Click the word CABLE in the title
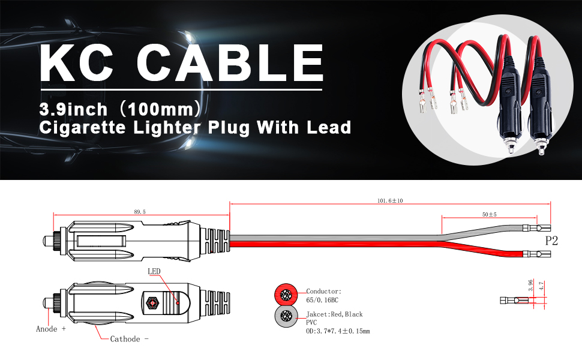click(230, 62)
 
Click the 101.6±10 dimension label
click(390, 200)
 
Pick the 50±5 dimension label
click(490, 214)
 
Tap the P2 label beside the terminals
click(551, 241)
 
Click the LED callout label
click(154, 271)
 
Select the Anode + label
click(51, 329)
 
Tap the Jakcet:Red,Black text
click(335, 314)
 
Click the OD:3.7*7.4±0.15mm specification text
click(338, 331)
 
